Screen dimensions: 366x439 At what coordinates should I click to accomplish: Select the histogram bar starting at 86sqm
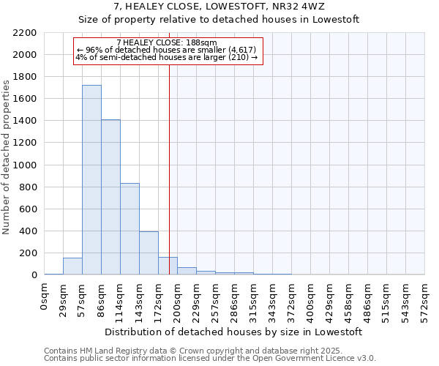coord(110,197)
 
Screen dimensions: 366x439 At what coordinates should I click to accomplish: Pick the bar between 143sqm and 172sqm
coord(149,253)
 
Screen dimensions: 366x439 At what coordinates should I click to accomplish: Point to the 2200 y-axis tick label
coord(25,33)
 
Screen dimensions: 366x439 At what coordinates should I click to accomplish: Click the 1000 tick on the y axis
coord(25,165)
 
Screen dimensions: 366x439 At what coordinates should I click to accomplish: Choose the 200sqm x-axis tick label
coord(178,301)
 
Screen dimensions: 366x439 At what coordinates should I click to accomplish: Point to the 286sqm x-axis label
coord(235,301)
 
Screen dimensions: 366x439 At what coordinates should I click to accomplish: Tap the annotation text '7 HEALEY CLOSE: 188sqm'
coord(167,43)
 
